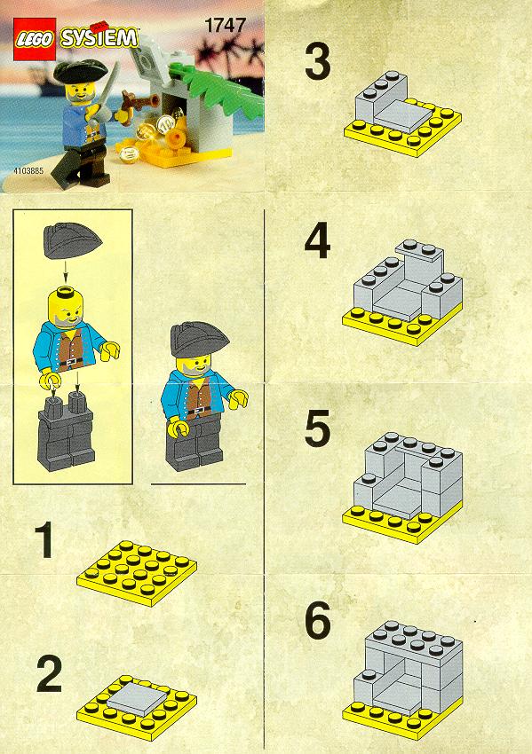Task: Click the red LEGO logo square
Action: [35, 39]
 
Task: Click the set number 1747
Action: [226, 25]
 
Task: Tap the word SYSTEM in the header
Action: [99, 38]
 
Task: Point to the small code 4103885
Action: [29, 170]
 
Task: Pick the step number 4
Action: [317, 242]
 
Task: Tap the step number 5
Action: [317, 428]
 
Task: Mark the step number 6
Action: [318, 621]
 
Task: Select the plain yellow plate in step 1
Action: [137, 572]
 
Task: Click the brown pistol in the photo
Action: [136, 104]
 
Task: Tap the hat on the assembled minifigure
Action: [198, 340]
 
